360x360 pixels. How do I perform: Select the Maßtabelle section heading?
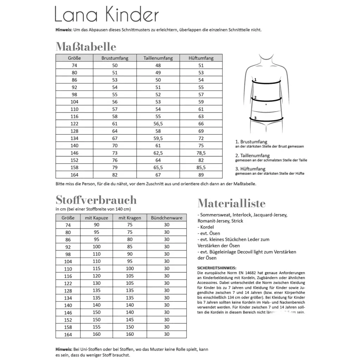point(86,47)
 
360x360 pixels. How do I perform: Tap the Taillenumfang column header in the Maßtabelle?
point(159,58)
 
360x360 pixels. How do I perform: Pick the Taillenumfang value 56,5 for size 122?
point(159,123)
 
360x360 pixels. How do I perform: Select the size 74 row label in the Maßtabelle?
point(74,65)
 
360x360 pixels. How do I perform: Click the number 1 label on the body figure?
point(256,79)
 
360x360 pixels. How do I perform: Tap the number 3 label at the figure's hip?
point(256,118)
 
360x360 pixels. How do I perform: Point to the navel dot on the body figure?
point(267,104)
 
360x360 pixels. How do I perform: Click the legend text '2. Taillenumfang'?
point(252,155)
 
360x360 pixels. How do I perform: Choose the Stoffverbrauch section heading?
point(96,200)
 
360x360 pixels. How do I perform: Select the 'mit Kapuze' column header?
point(96,218)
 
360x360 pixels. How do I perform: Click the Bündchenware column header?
point(167,218)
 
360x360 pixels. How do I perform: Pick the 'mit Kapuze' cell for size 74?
point(96,225)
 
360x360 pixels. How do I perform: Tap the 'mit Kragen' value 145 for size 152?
point(130,320)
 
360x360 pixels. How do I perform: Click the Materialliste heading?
point(231,203)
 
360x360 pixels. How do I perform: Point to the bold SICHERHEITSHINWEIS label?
point(217,268)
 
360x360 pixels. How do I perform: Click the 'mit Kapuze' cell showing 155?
point(96,327)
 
